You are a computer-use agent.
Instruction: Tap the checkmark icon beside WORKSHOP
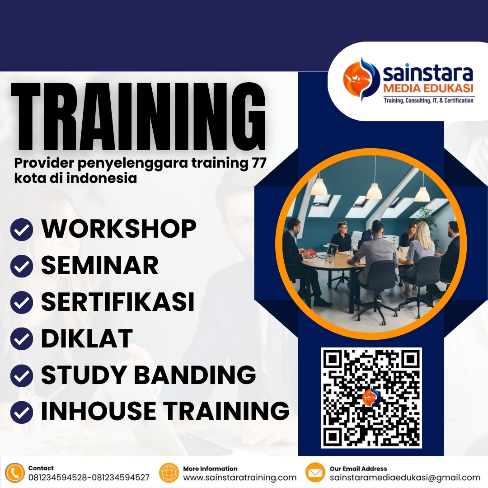(21, 230)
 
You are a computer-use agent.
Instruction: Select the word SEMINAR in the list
(100, 265)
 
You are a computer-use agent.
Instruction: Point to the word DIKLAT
(87, 338)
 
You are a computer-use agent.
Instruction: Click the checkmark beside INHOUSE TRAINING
(21, 412)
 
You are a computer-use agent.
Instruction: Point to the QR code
(371, 398)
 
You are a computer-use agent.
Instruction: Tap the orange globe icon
(169, 473)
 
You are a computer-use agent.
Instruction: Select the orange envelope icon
(315, 473)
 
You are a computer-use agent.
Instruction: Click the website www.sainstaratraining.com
(239, 478)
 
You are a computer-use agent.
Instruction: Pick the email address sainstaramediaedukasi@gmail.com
(405, 478)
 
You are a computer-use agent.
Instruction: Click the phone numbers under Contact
(89, 478)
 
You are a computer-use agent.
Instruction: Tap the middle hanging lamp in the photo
(374, 190)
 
